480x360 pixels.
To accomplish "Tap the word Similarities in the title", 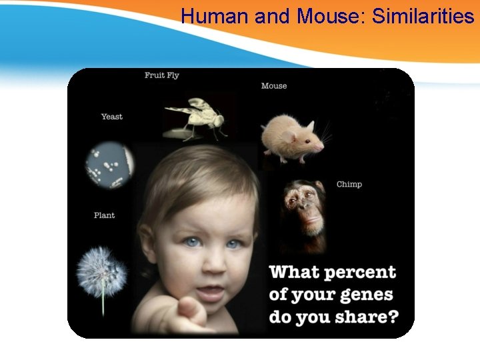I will coord(423,15).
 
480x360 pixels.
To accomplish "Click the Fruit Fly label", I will coord(162,75).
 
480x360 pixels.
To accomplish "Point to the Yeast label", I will coord(112,117).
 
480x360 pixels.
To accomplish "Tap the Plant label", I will coord(105,215).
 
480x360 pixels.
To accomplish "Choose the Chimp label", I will coord(349,184).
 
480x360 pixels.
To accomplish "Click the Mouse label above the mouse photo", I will coord(274,86).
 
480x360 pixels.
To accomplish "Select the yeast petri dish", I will coord(109,162).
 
